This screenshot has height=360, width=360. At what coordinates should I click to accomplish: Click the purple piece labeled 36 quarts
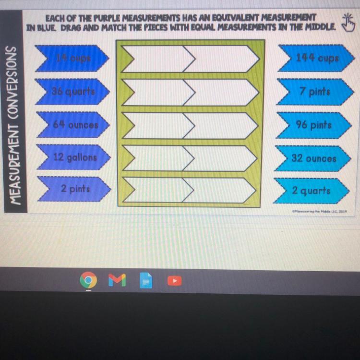click(x=74, y=91)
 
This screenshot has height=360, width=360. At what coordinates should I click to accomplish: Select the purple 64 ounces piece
click(x=75, y=124)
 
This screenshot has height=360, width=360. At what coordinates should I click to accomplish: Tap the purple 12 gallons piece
click(x=75, y=157)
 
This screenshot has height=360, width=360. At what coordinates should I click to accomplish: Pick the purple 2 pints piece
click(x=75, y=189)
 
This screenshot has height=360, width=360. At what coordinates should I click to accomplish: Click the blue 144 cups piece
click(x=317, y=58)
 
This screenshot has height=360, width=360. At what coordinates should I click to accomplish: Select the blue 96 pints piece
click(x=314, y=125)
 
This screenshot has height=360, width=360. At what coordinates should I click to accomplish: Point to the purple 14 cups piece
click(x=73, y=58)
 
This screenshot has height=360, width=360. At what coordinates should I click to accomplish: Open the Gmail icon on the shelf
click(x=117, y=280)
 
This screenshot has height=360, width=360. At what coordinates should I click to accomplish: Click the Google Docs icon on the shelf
click(x=146, y=280)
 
